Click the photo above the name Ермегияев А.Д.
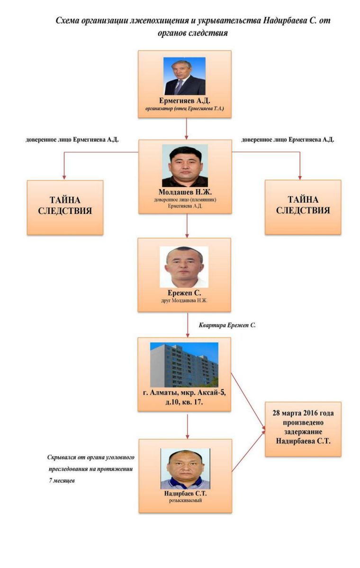184,76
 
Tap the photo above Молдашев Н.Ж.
185,165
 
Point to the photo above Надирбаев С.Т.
185,469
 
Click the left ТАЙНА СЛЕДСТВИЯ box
65,207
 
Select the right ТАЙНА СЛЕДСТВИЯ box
303,207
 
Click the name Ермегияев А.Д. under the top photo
184,101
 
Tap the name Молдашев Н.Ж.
184,192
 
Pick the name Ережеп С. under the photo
184,293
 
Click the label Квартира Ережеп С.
227,325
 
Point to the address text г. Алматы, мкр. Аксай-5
184,394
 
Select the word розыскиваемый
185,500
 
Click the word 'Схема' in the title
66,21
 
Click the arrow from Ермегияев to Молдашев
187,128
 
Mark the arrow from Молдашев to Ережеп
188,226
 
